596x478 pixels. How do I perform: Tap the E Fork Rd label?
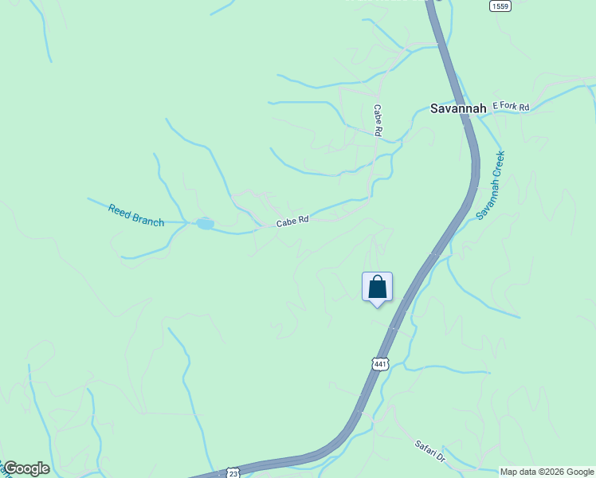(511, 105)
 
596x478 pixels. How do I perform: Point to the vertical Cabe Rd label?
(378, 120)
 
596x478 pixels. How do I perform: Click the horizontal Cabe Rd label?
(292, 221)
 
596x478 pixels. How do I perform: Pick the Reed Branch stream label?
(136, 215)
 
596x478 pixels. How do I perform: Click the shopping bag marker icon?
(377, 287)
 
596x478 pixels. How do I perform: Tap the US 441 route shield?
(380, 364)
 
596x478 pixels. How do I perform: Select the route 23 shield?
(233, 472)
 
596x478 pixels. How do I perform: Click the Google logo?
(25, 468)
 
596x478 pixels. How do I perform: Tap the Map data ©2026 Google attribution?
(547, 472)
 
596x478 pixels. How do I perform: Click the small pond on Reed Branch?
(205, 224)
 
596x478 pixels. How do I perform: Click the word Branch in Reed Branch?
(148, 218)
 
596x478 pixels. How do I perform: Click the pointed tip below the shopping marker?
(377, 306)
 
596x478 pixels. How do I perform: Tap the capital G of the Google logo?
(10, 468)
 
